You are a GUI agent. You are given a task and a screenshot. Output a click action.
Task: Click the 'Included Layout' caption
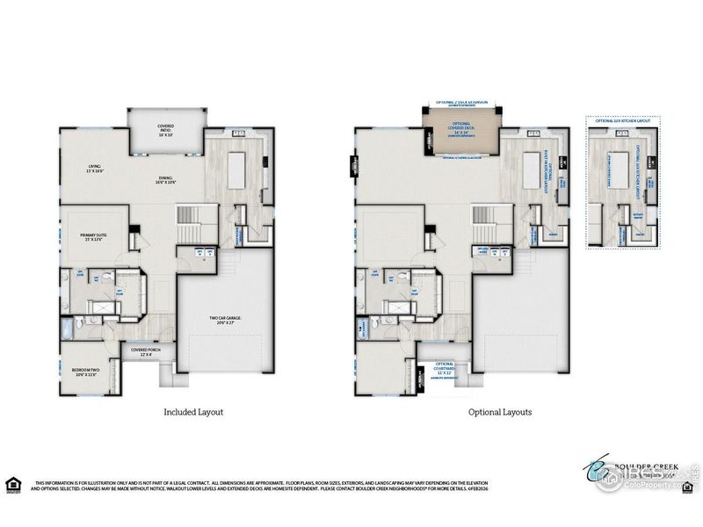[x=193, y=410]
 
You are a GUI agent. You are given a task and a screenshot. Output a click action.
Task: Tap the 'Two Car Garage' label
[x=225, y=320]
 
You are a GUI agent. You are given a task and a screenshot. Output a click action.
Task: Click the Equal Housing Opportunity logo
[x=14, y=484]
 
